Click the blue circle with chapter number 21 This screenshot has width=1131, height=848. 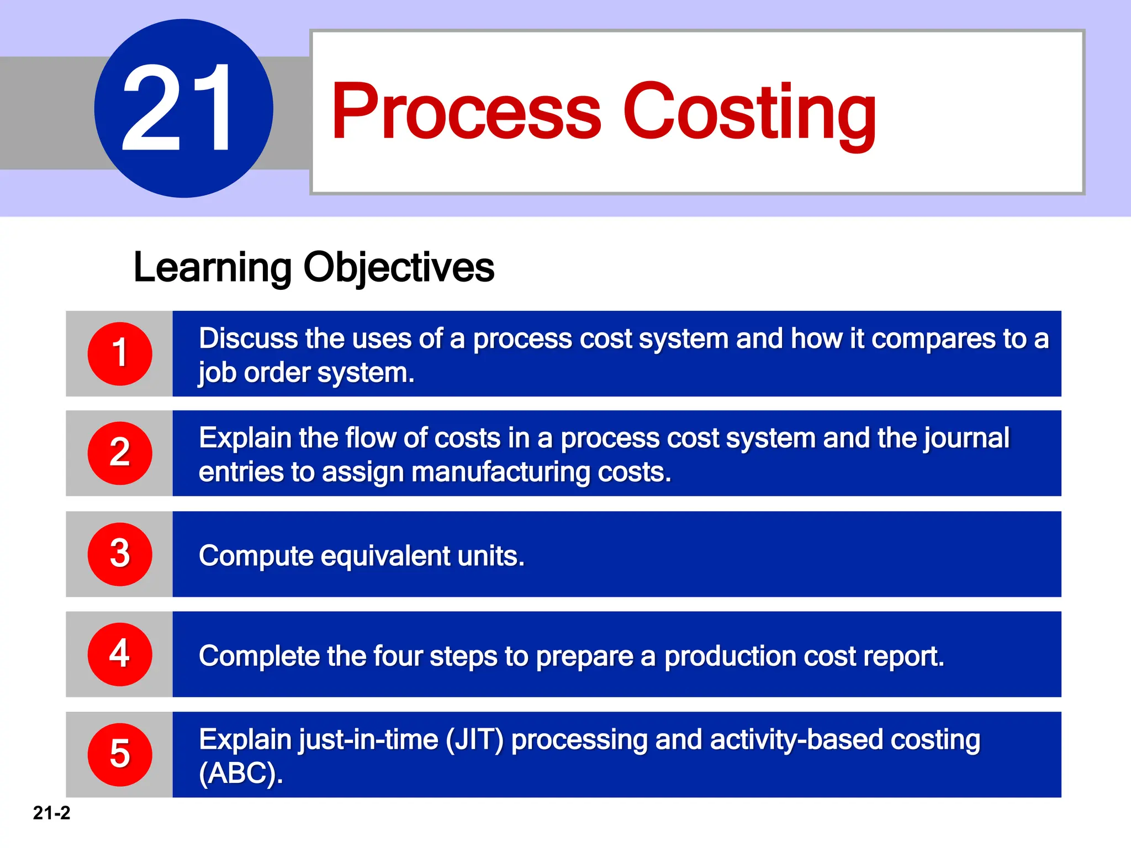(x=183, y=108)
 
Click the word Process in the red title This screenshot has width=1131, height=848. (x=466, y=112)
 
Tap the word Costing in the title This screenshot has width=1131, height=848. (x=749, y=112)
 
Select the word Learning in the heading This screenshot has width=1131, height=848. (x=212, y=268)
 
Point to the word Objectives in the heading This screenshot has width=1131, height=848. (x=398, y=268)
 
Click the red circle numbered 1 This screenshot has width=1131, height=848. (x=120, y=353)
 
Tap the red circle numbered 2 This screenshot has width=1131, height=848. (x=120, y=453)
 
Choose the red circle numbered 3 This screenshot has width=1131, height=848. (x=120, y=554)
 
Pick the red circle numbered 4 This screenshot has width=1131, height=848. (x=120, y=654)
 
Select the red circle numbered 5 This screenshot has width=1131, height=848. (x=120, y=754)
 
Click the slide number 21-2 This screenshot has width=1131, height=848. (x=51, y=813)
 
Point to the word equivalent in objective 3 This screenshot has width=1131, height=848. (x=385, y=555)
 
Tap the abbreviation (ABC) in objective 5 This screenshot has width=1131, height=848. (x=240, y=773)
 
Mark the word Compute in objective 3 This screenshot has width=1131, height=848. (x=256, y=555)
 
